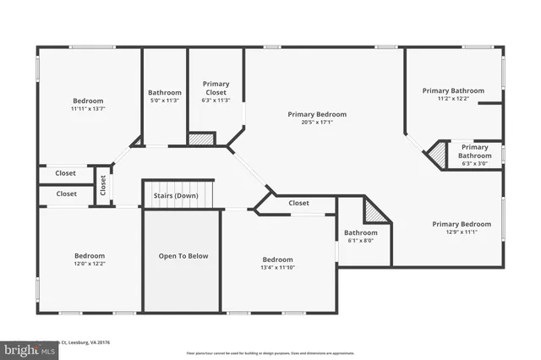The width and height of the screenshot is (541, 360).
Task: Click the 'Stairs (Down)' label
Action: tap(175, 195)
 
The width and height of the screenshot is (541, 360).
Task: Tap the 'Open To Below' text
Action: tap(183, 256)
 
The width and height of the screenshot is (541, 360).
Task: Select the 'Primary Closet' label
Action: tap(216, 88)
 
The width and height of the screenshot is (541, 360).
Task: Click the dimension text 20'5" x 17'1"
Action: tap(317, 122)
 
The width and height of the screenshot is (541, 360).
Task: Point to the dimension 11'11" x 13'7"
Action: tap(89, 108)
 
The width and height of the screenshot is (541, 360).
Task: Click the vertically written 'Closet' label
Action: tap(103, 183)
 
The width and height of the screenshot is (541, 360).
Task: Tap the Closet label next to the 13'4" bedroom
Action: tap(298, 203)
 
